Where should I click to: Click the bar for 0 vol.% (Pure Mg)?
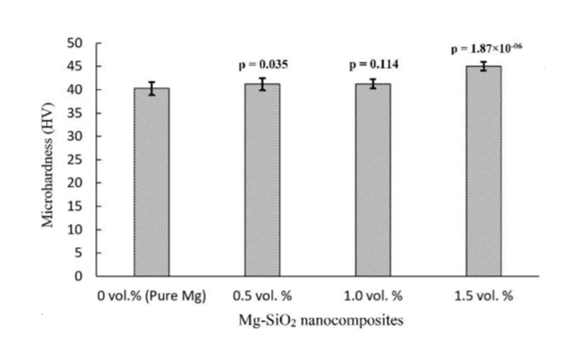point(151,183)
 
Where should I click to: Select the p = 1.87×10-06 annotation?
point(486,49)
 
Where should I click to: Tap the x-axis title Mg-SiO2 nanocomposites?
point(320,321)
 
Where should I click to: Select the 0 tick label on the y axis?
point(81,276)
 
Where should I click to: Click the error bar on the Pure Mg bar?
point(151,88)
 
